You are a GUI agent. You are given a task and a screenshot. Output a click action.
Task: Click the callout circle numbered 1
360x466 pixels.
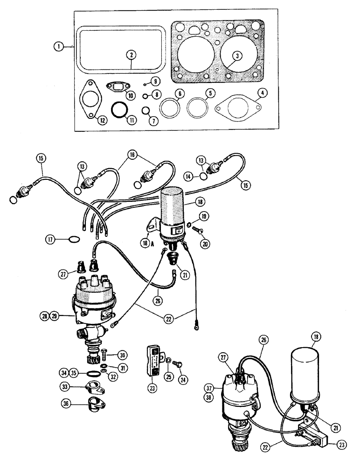[57, 47]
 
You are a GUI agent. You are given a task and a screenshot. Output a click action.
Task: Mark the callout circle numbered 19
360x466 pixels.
[203, 216]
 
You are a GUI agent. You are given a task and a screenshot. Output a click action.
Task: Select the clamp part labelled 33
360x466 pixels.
[90, 387]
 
